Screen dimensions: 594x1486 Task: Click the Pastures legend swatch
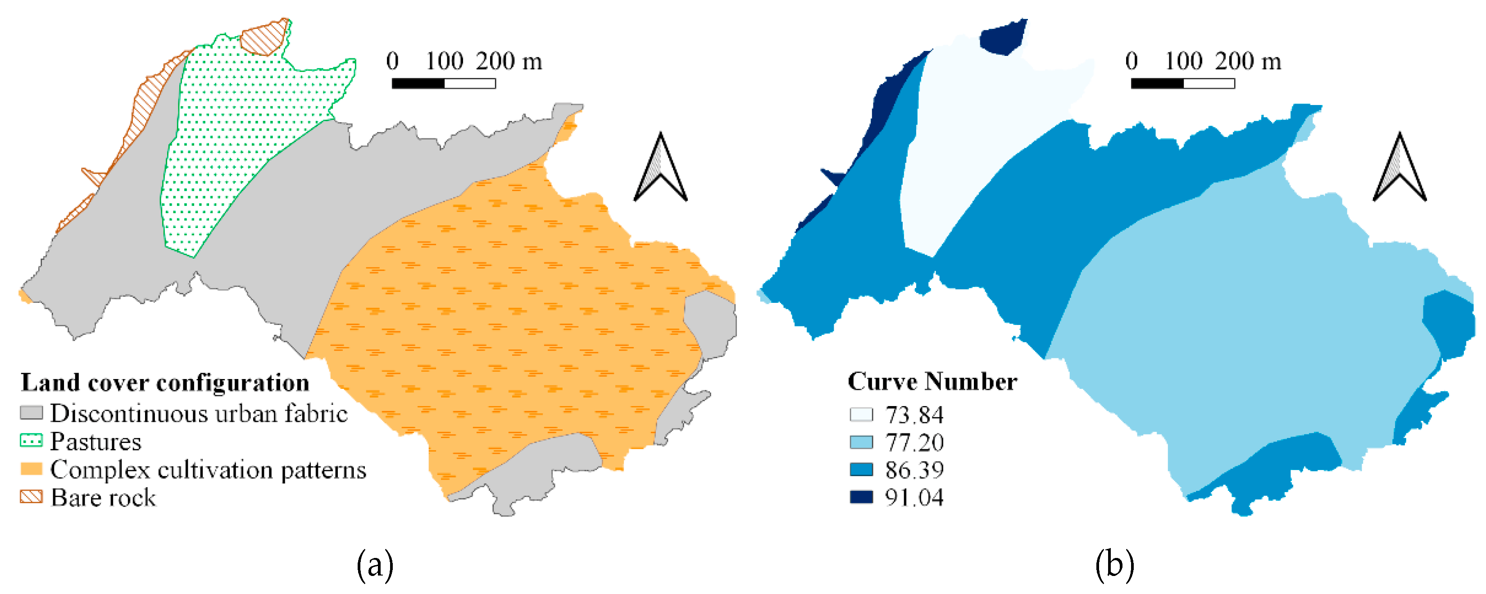click(x=31, y=441)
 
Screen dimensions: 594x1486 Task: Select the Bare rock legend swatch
click(x=31, y=497)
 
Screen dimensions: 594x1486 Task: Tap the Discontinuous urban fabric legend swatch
click(x=31, y=413)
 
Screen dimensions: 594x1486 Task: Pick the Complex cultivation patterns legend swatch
click(x=31, y=469)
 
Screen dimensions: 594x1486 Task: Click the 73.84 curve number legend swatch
click(x=861, y=415)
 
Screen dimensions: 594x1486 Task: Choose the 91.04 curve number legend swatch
click(x=861, y=497)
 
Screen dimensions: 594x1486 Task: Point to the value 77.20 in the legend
click(x=914, y=443)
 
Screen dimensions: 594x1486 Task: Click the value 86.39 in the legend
click(x=914, y=470)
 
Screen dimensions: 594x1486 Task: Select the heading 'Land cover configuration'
click(x=165, y=383)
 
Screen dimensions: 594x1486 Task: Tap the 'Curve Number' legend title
click(x=932, y=382)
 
